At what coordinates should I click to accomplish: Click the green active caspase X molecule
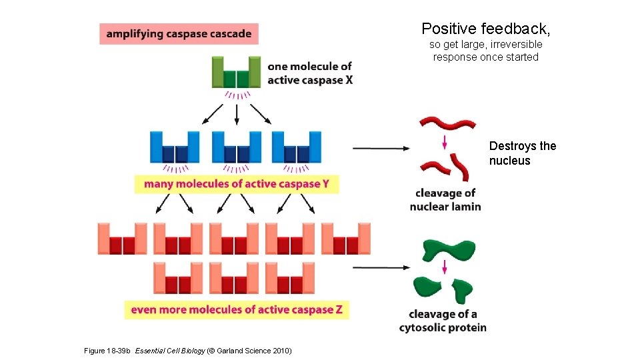[x=236, y=73]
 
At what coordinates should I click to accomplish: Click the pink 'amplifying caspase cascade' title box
[x=179, y=34]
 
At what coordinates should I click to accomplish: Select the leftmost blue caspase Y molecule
[x=175, y=147]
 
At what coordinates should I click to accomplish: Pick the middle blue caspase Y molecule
[x=236, y=147]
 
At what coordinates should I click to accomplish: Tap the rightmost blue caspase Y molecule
[x=297, y=147]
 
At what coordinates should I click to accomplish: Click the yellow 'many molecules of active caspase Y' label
[x=237, y=184]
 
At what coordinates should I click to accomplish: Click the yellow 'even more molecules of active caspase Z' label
[x=237, y=309]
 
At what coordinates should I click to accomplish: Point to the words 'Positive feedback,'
[x=485, y=29]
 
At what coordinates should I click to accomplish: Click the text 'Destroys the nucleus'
[x=522, y=153]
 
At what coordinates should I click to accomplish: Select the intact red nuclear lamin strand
[x=447, y=123]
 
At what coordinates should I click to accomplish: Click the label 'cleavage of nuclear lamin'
[x=445, y=200]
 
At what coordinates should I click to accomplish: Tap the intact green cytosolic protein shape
[x=449, y=249]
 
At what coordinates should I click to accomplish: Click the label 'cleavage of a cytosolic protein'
[x=443, y=321]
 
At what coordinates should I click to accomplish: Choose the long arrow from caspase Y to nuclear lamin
[x=381, y=148]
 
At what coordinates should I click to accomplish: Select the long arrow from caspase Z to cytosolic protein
[x=381, y=267]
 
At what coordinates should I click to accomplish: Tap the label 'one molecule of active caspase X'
[x=309, y=73]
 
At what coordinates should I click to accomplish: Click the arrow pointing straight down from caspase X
[x=237, y=115]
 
